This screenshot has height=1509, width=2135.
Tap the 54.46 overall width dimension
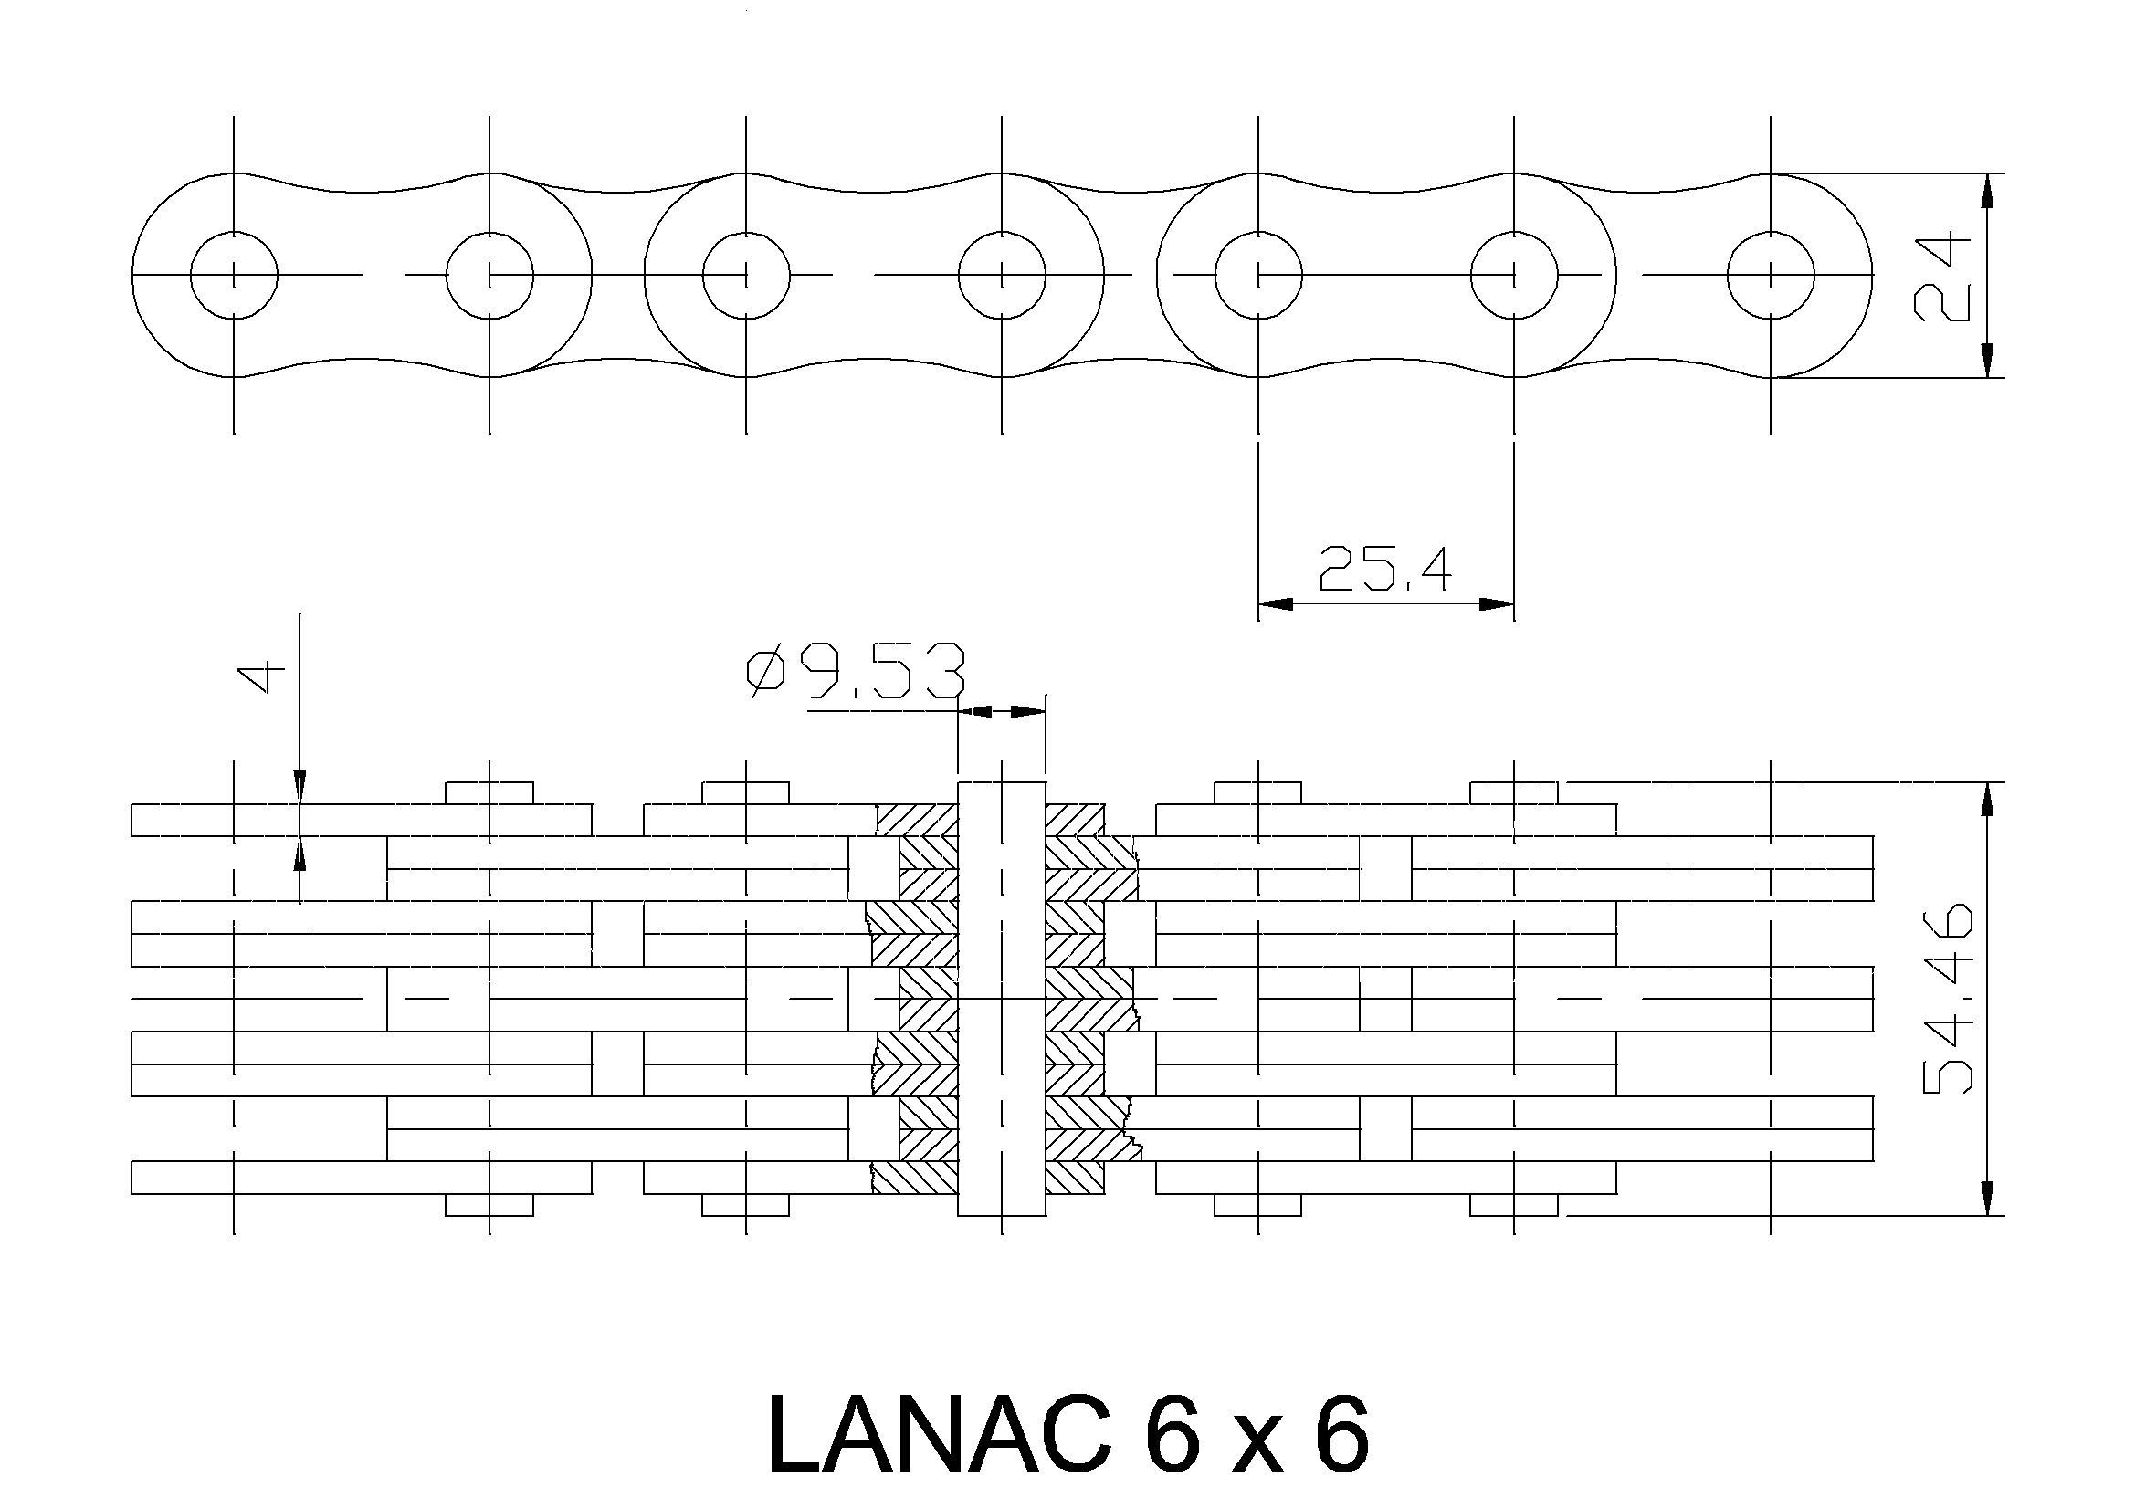(x=1947, y=998)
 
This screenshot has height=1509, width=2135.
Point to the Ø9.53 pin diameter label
(x=857, y=672)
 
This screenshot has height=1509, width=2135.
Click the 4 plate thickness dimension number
(x=262, y=676)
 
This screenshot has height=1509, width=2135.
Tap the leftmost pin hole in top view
(x=234, y=275)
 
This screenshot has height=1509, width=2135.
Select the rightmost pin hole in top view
(x=1771, y=275)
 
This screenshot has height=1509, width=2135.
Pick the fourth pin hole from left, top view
(x=1002, y=275)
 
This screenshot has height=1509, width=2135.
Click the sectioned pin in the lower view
(x=1002, y=999)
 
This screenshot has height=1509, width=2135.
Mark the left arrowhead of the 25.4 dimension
(x=1276, y=604)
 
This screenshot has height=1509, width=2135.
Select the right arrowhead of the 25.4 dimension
(x=1496, y=604)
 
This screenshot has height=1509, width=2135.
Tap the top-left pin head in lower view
(x=489, y=793)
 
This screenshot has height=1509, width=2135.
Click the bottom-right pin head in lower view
(x=1514, y=1205)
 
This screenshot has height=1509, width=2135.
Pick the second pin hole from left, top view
(x=489, y=275)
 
